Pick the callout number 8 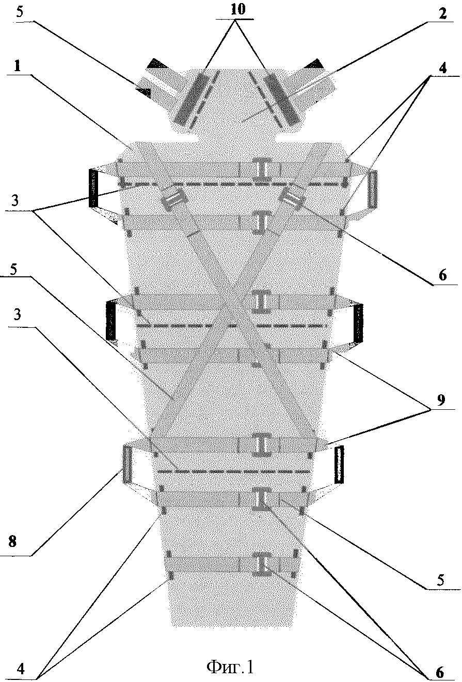pos(13,542)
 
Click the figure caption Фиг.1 pos(230,667)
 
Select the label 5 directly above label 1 pos(20,14)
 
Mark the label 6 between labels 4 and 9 pos(442,276)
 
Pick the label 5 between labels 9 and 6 pos(440,580)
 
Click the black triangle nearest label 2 pos(313,63)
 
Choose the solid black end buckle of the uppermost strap pos(93,188)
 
